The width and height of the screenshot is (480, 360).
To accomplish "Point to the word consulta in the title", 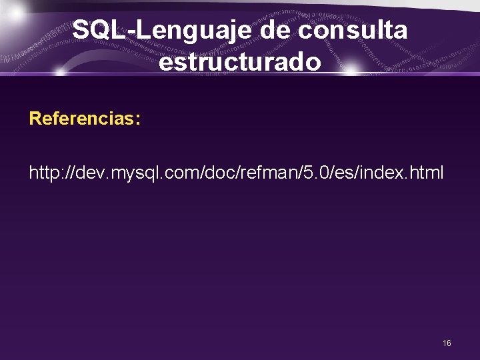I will pyautogui.click(x=353, y=30).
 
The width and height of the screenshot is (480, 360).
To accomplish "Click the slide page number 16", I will pyautogui.click(x=447, y=343).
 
